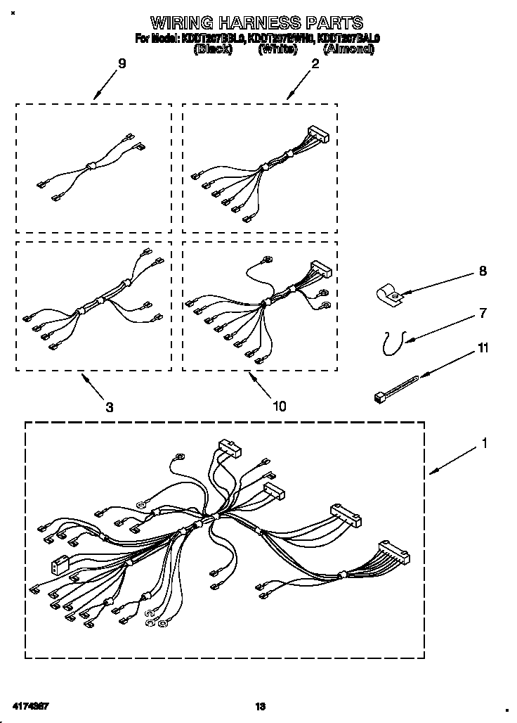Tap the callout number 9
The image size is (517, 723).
[122, 64]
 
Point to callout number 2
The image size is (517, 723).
[315, 64]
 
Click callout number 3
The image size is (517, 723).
[110, 407]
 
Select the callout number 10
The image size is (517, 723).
[279, 406]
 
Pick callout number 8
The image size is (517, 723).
[482, 271]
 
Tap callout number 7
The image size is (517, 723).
[482, 313]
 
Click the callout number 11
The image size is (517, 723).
[483, 348]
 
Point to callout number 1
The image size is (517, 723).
[484, 444]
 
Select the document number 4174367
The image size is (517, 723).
[31, 705]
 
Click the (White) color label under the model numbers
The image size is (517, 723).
[279, 50]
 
